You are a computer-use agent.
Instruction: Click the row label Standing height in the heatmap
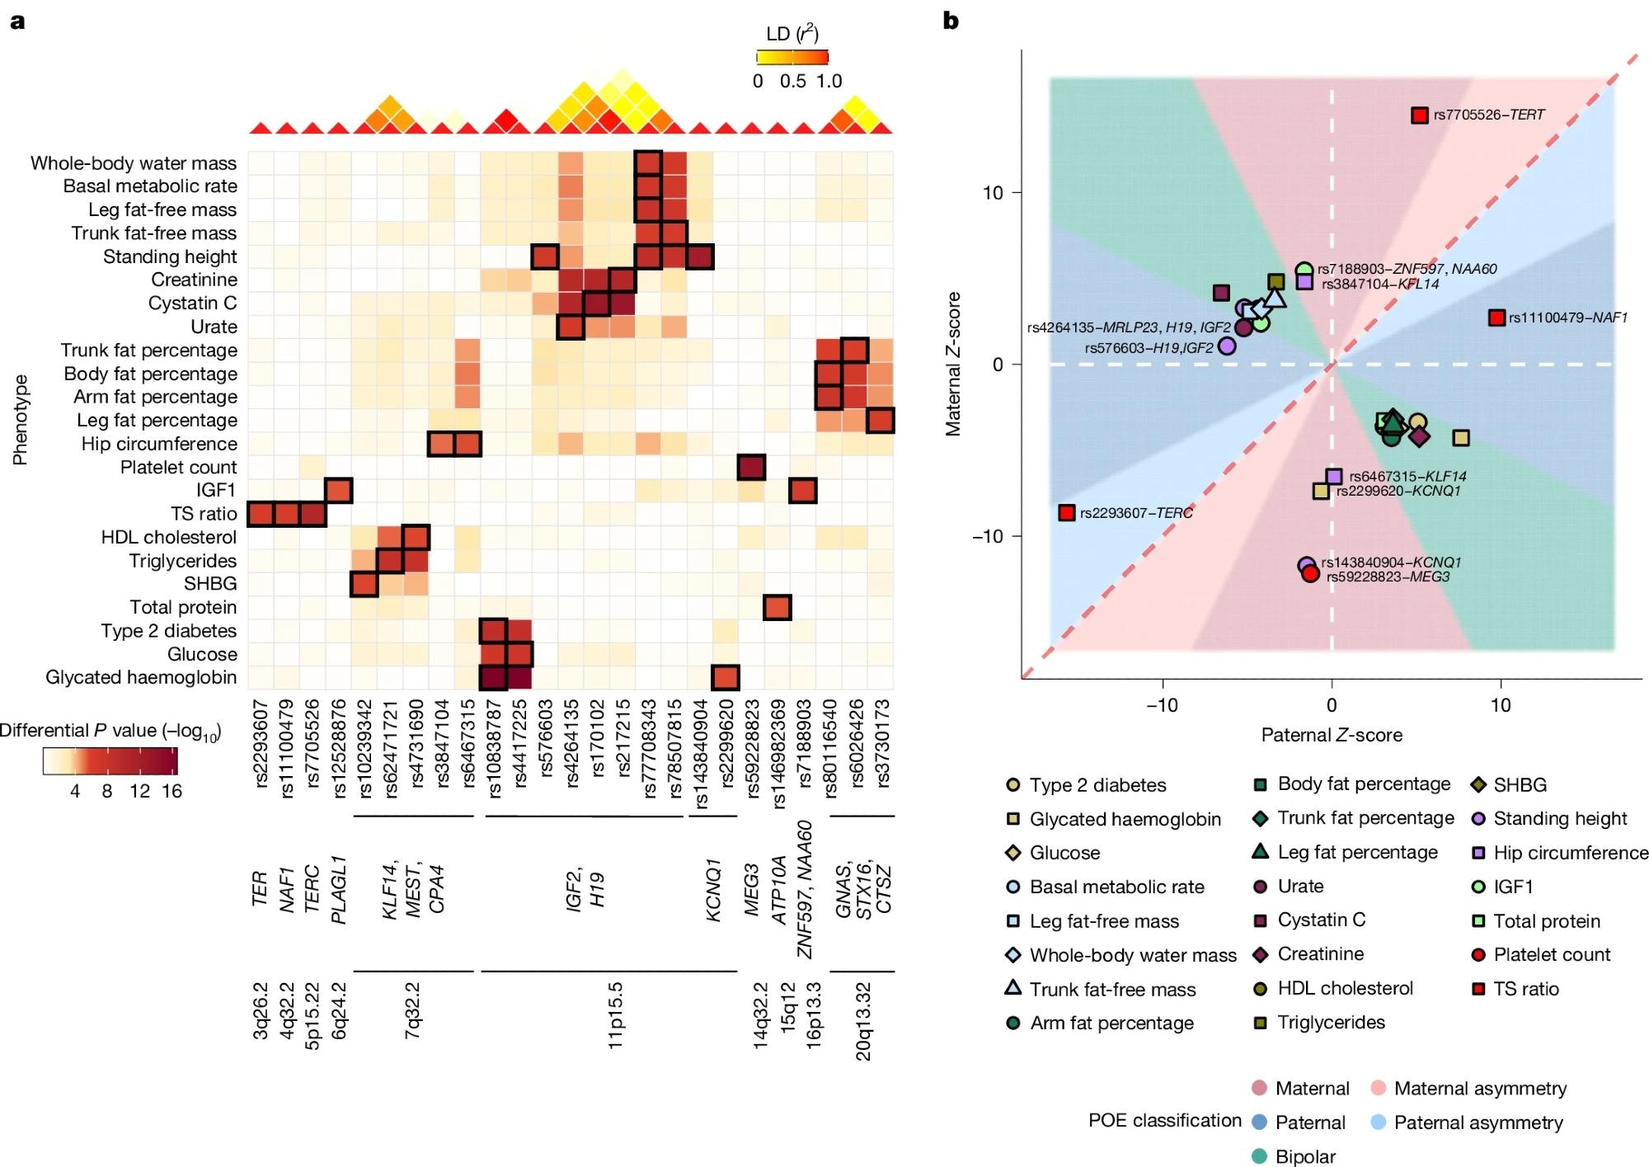pyautogui.click(x=169, y=256)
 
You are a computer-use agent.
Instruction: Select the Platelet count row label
pyautogui.click(x=178, y=468)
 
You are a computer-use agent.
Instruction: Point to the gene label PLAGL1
pyautogui.click(x=338, y=890)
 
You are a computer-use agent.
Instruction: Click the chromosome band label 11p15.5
pyautogui.click(x=615, y=1015)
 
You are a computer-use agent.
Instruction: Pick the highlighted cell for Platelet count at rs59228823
pyautogui.click(x=751, y=468)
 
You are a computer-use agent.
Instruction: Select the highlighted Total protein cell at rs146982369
pyautogui.click(x=778, y=608)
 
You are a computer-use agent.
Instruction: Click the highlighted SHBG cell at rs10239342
pyautogui.click(x=364, y=584)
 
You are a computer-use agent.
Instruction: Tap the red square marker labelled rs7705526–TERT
pyautogui.click(x=1419, y=115)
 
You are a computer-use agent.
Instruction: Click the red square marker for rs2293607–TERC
pyautogui.click(x=1067, y=513)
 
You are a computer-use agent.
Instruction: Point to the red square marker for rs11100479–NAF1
pyautogui.click(x=1496, y=318)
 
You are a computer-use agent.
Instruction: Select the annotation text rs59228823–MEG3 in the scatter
pyautogui.click(x=1388, y=577)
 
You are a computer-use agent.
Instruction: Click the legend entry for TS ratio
pyautogui.click(x=1525, y=989)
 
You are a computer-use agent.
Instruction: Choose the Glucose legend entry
pyautogui.click(x=1064, y=853)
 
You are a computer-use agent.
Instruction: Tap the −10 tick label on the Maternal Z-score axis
pyautogui.click(x=987, y=536)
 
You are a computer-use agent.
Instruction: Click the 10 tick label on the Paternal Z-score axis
pyautogui.click(x=1501, y=705)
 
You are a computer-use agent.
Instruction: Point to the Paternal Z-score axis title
pyautogui.click(x=1332, y=735)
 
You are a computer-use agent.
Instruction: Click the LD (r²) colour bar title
pyautogui.click(x=792, y=34)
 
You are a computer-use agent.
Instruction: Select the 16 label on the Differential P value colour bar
pyautogui.click(x=171, y=791)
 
